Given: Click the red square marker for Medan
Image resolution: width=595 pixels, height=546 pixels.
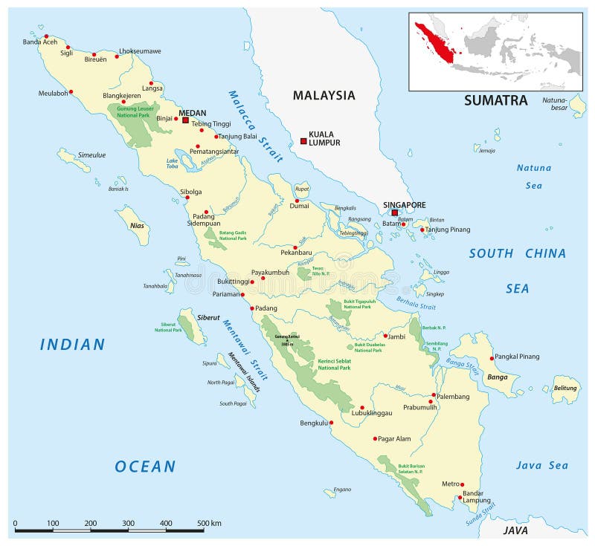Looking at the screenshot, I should point(185,120).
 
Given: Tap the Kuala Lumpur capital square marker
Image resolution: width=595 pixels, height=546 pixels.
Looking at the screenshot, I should point(303,141).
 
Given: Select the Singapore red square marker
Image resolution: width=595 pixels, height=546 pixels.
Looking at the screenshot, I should point(395,213).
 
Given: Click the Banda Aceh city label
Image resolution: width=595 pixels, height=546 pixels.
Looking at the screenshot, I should point(39,42).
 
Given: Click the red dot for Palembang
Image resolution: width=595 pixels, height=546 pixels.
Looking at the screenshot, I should point(434,395).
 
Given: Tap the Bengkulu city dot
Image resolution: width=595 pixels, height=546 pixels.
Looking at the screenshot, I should point(332,423).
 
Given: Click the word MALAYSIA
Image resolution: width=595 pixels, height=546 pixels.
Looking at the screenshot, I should point(324,95).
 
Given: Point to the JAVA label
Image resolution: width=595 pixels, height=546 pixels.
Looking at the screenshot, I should point(515,530).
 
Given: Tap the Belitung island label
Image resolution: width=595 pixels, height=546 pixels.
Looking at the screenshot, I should point(565,389).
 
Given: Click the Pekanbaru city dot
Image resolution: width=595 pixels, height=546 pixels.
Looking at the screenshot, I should point(295,247).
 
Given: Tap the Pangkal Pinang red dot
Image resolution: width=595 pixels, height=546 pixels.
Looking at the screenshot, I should point(492,359).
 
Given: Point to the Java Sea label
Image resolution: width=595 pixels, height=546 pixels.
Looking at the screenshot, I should point(542,466).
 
